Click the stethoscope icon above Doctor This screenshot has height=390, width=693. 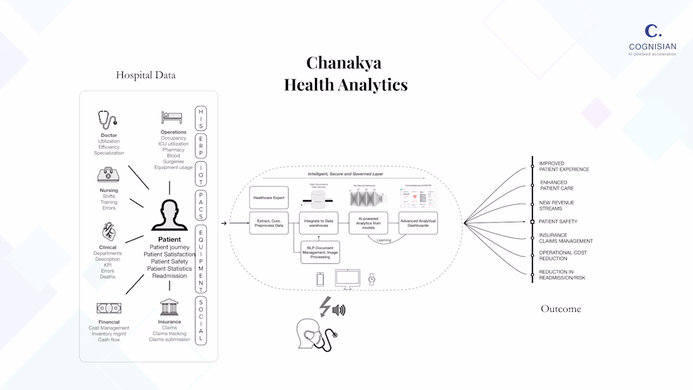click(x=108, y=120)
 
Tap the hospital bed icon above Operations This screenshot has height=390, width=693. click(x=172, y=118)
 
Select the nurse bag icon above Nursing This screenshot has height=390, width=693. click(x=108, y=175)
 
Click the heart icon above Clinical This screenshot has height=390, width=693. click(x=108, y=232)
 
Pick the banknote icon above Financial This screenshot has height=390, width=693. click(x=108, y=308)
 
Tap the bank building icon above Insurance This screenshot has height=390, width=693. click(x=169, y=307)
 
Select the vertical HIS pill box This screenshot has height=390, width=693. click(x=201, y=118)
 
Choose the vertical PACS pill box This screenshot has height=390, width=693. click(x=201, y=204)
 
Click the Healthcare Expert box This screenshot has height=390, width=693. click(x=269, y=198)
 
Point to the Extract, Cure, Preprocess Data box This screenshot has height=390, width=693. click(x=269, y=222)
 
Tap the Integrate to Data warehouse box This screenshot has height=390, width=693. click(x=319, y=222)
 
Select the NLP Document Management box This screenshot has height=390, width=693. click(x=320, y=252)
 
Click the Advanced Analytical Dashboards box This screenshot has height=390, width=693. click(x=418, y=222)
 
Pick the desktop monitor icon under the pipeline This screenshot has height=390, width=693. click(x=347, y=278)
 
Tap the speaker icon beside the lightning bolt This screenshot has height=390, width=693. click(x=340, y=309)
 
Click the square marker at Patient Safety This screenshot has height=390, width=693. click(x=532, y=222)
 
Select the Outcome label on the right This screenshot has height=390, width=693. click(x=561, y=309)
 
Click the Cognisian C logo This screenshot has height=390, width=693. click(x=653, y=31)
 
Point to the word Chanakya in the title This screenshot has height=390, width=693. click(x=343, y=63)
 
